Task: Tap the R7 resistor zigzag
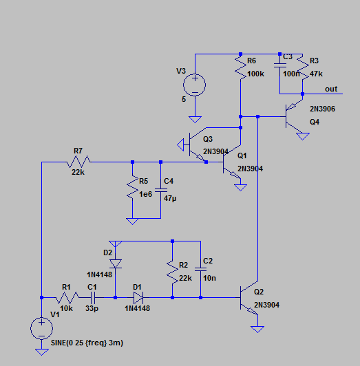point(78,162)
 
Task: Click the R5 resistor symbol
point(132,187)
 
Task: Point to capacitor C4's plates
point(161,191)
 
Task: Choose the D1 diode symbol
point(138,298)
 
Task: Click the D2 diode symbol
point(116,263)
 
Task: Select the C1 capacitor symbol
point(93,298)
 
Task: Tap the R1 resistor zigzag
point(67,298)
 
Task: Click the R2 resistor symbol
point(172,272)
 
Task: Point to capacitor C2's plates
point(200,270)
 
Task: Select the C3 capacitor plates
point(280,65)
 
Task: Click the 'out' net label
point(331,89)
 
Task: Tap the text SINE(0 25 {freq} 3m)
point(87,343)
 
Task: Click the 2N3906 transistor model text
point(322,109)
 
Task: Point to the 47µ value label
point(170,198)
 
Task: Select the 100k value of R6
point(255,74)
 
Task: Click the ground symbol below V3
point(195,120)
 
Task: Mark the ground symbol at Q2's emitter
point(257,329)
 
